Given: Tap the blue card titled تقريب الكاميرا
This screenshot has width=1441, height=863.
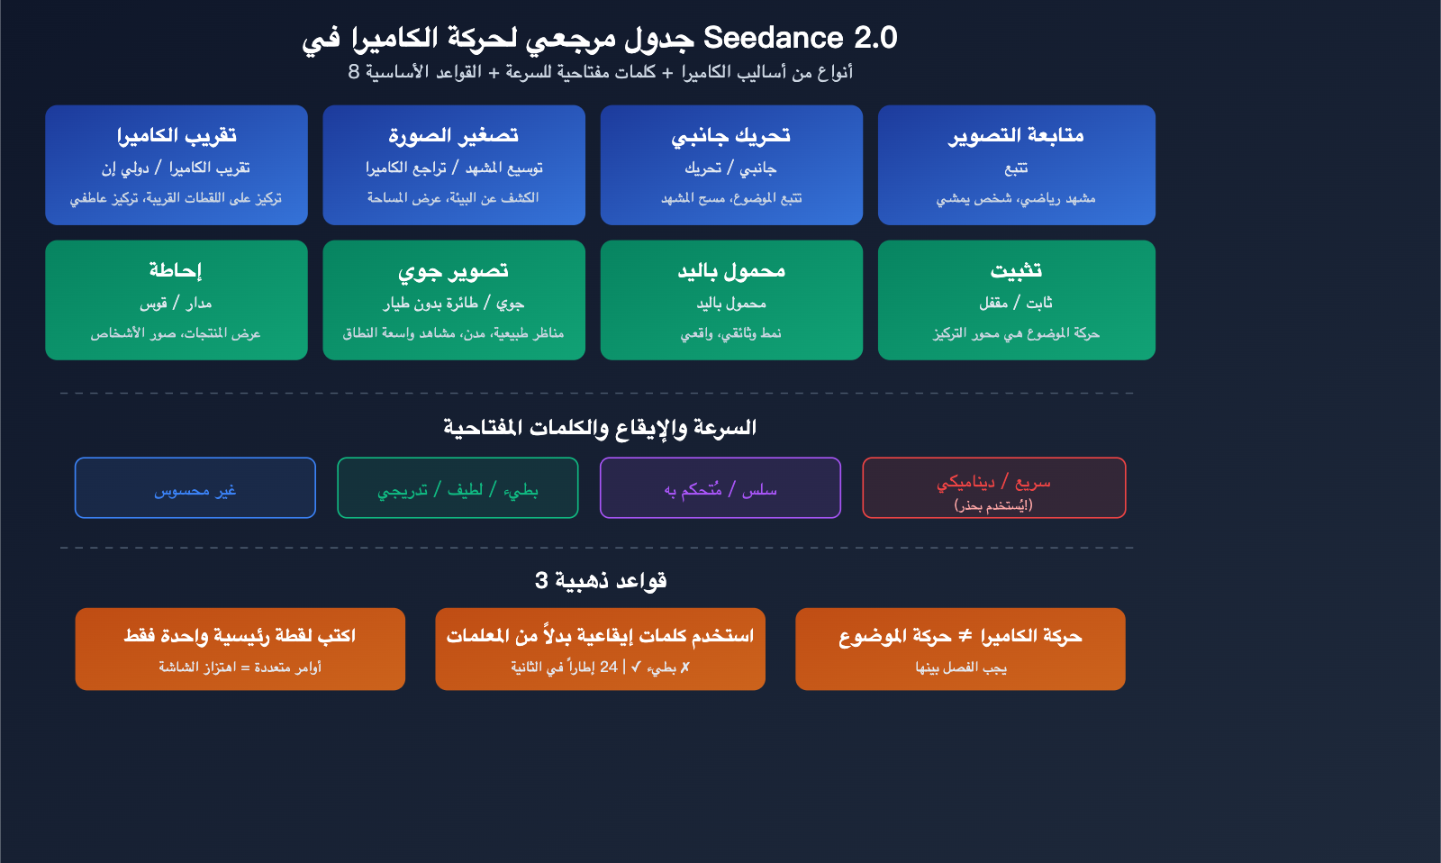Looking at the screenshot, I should tap(177, 165).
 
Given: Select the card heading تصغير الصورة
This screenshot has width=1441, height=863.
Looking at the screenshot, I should tap(453, 135).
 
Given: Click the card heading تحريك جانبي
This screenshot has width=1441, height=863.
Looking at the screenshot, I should tap(730, 135).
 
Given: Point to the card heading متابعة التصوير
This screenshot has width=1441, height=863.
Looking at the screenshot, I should tap(1016, 135).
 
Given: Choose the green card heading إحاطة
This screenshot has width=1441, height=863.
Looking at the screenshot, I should tap(176, 270).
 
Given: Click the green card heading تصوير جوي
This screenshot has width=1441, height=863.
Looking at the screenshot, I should tap(453, 270).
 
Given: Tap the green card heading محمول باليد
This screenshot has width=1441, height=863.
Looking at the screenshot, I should tap(730, 270).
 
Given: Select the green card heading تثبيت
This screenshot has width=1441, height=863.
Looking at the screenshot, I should tap(1016, 270).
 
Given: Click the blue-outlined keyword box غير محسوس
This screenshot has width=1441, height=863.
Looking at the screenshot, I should tap(195, 488).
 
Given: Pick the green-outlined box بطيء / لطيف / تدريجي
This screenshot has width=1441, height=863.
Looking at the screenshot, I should tap(458, 488).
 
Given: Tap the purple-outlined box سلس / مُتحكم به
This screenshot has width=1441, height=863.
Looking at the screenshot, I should tap(720, 488).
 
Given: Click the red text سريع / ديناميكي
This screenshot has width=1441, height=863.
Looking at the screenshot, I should tap(993, 482).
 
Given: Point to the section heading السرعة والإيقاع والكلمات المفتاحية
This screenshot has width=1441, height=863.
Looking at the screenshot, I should tap(599, 427).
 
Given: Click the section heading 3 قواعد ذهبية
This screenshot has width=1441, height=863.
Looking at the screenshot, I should tap(601, 580).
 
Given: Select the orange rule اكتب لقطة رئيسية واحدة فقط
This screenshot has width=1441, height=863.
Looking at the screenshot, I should tap(240, 636).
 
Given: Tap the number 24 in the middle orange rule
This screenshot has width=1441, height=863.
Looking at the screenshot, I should tap(609, 667).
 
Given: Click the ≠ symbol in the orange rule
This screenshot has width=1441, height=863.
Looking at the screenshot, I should tap(965, 636).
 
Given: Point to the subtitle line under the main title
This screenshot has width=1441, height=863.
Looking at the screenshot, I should tap(601, 72).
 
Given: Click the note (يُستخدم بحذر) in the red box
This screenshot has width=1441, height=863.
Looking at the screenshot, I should tap(993, 505).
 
